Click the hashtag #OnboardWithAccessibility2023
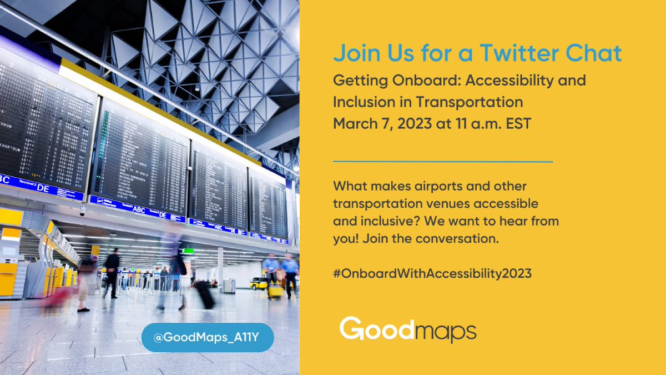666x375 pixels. [x=432, y=273]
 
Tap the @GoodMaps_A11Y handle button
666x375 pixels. [x=208, y=337]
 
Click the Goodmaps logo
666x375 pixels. [x=408, y=329]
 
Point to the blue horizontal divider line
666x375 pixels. [x=442, y=162]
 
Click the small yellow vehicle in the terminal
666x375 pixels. [x=258, y=283]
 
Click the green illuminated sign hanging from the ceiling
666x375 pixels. [x=189, y=251]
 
